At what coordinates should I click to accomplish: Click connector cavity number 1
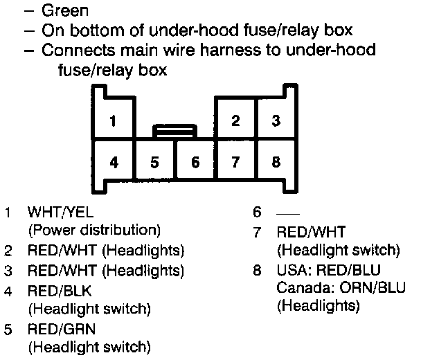[114, 119]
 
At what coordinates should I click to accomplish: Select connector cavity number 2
[235, 119]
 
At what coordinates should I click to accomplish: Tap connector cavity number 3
[276, 119]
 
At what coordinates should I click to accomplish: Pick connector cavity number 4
[114, 162]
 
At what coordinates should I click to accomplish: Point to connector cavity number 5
[154, 162]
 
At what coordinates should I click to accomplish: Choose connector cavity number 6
[195, 162]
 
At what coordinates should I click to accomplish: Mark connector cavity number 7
[235, 162]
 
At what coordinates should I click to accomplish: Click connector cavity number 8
[276, 162]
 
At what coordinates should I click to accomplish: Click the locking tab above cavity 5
[174, 129]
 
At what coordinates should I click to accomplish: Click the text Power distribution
[93, 229]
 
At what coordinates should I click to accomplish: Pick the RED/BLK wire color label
[60, 290]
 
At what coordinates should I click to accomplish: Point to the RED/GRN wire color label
[61, 329]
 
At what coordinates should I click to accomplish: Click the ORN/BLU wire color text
[360, 286]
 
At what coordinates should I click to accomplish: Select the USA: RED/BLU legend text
[328, 268]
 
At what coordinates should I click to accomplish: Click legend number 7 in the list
[257, 231]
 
